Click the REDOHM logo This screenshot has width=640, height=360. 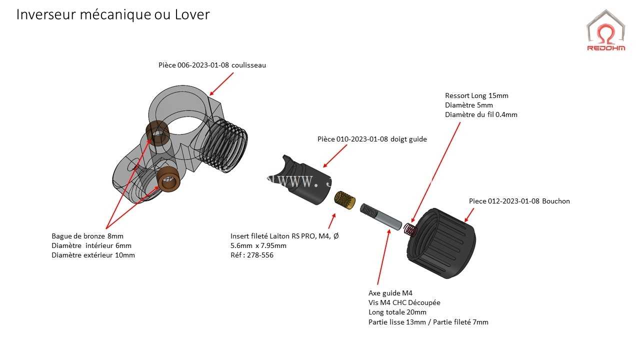coord(606,30)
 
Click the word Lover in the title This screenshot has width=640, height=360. coord(192,14)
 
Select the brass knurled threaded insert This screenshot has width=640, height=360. coord(345,200)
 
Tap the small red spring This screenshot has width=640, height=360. coord(410,229)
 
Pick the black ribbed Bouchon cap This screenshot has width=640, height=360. coord(441,243)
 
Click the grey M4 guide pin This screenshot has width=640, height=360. coord(380,217)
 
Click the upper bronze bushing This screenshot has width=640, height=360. coord(157,133)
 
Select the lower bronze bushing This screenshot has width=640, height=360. coord(168,179)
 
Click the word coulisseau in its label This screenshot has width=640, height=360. coord(248,65)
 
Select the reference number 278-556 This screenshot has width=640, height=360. coord(260,255)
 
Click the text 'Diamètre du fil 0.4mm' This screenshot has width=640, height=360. coord(481,114)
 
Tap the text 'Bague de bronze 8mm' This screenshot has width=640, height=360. coord(87,236)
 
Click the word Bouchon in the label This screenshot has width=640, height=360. coord(555,201)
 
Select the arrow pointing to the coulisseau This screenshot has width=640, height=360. coord(221,84)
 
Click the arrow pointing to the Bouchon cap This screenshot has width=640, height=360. coord(469,215)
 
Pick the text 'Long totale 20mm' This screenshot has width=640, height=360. coord(397,312)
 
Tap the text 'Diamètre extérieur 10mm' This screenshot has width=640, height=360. coord(93,255)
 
